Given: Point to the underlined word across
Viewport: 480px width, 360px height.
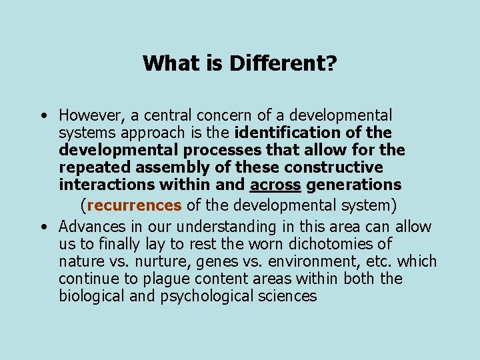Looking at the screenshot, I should pyautogui.click(x=275, y=185).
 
